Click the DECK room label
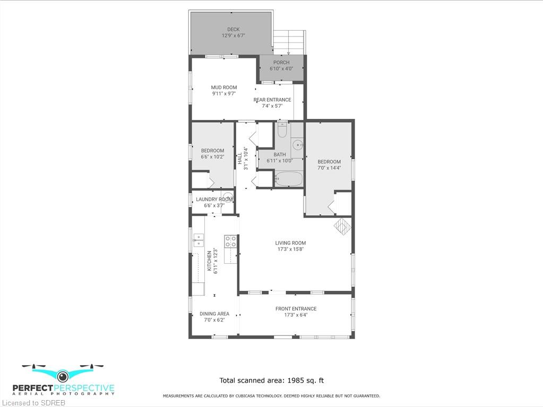pyautogui.click(x=234, y=29)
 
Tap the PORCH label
pyautogui.click(x=281, y=63)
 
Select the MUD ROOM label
pyautogui.click(x=224, y=88)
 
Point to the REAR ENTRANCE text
pyautogui.click(x=272, y=100)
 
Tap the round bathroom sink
pyautogui.click(x=297, y=144)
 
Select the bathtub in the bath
pyautogui.click(x=289, y=179)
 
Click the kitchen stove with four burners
pyautogui.click(x=230, y=241)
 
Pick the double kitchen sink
pyautogui.click(x=199, y=240)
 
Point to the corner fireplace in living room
pyautogui.click(x=342, y=227)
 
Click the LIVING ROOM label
pyautogui.click(x=290, y=243)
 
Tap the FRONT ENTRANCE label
pyautogui.click(x=296, y=309)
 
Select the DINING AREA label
pyautogui.click(x=214, y=314)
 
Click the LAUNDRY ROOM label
pyautogui.click(x=214, y=200)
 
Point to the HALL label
pyautogui.click(x=239, y=159)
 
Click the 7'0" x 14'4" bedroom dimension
pyautogui.click(x=329, y=168)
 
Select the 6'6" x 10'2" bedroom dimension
pyautogui.click(x=213, y=157)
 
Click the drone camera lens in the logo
pyautogui.click(x=63, y=376)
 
